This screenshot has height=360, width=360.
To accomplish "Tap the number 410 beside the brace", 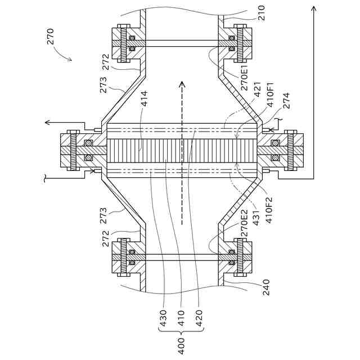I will point(181,318).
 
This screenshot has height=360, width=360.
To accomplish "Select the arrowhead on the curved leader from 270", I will point(71,59).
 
